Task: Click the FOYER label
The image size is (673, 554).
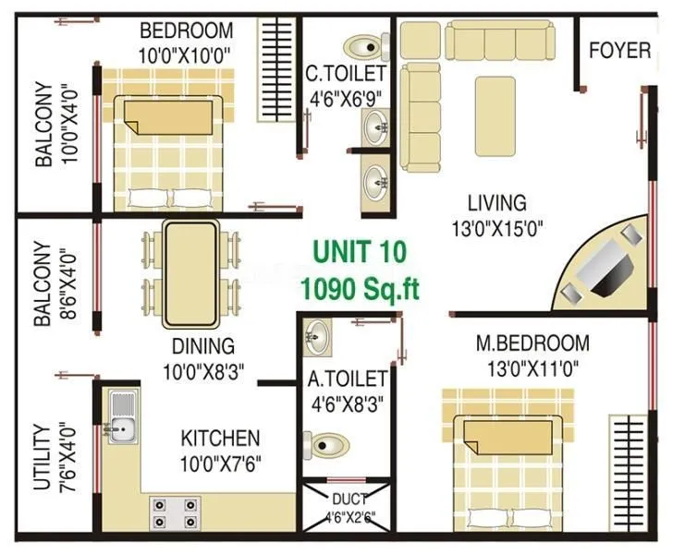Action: click(620, 50)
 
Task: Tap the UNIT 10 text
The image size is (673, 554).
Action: click(359, 251)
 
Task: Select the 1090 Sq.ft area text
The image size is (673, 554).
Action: click(359, 288)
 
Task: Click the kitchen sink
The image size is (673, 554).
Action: click(120, 419)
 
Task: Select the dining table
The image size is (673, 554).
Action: click(190, 274)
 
